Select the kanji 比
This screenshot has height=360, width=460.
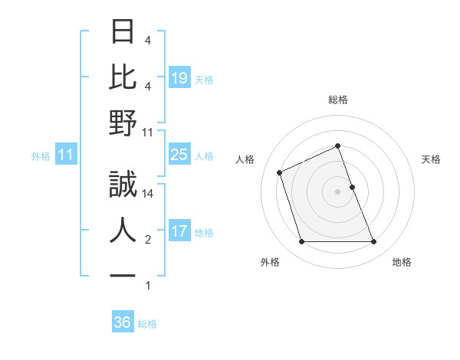[x=123, y=77]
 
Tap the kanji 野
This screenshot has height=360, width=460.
[x=123, y=123]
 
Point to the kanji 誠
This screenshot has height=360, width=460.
[x=123, y=184]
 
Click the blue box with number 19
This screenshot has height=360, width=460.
[x=179, y=78]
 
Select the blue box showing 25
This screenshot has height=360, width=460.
[x=179, y=155]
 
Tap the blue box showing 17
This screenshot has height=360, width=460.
[x=179, y=231]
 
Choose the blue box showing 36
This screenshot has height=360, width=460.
[x=123, y=322]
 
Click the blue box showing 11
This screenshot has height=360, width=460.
[x=66, y=155]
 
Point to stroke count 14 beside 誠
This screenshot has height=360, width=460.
[x=148, y=194]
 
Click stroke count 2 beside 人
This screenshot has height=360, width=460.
[x=148, y=241]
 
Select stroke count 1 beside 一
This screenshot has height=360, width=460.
[x=148, y=286]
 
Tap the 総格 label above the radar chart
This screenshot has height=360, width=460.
[x=337, y=100]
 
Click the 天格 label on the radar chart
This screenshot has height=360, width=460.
[x=431, y=159]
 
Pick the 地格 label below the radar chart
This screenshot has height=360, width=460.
[x=402, y=262]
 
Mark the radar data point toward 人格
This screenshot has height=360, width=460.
[x=281, y=172]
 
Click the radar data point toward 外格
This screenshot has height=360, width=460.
[x=301, y=242]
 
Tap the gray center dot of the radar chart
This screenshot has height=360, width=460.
[x=337, y=191]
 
